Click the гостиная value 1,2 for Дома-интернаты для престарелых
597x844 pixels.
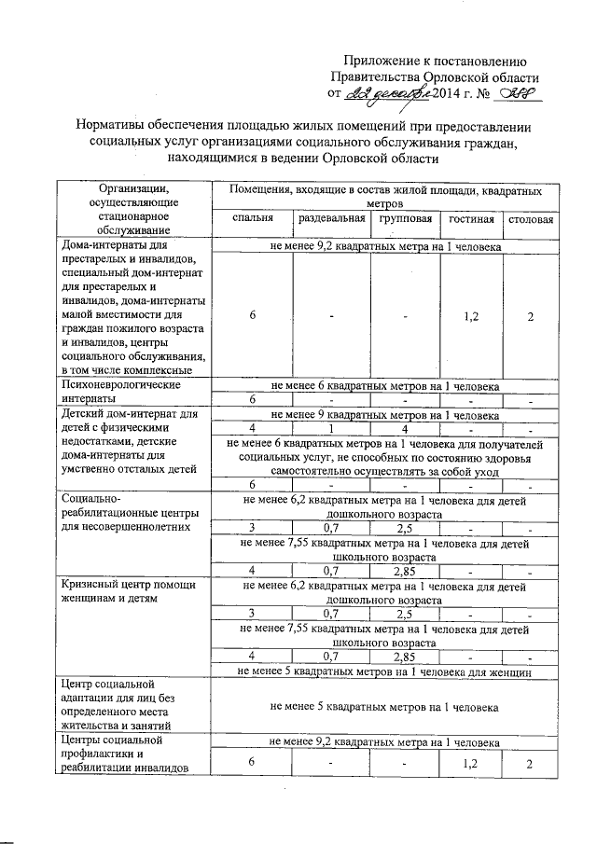[x=470, y=316]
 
